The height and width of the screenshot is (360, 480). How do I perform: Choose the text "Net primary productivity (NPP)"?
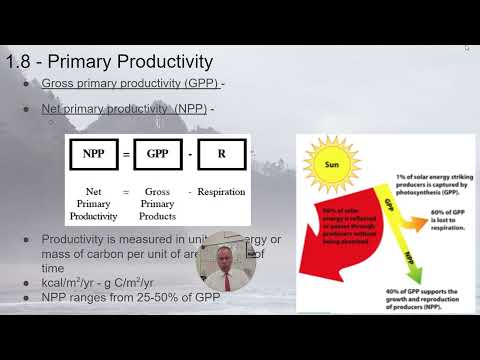coord(123,107)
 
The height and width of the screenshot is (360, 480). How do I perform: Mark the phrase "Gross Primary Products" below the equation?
coord(158,203)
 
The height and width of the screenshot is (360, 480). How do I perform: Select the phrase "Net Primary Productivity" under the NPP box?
coord(91,203)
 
